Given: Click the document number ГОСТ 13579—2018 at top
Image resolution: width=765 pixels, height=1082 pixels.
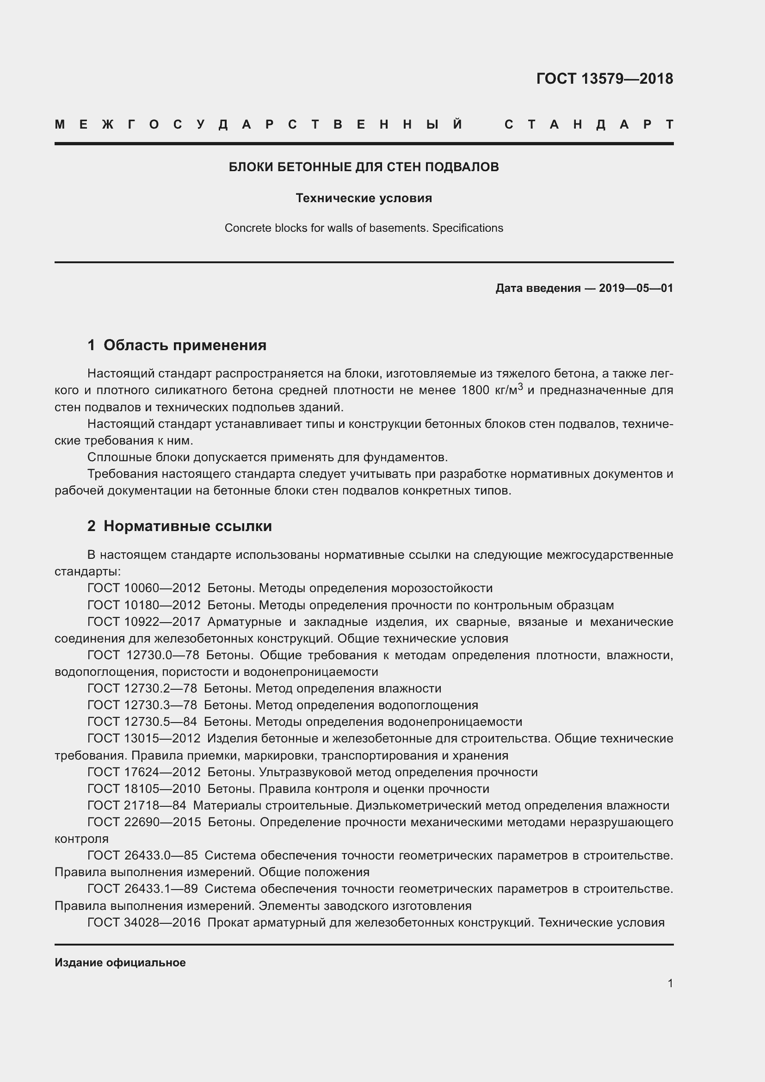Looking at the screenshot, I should [x=605, y=79].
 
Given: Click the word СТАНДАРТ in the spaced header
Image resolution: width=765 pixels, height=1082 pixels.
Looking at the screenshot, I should [x=589, y=125].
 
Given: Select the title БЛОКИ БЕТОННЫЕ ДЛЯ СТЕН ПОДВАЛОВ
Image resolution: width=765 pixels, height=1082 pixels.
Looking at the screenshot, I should [x=364, y=167].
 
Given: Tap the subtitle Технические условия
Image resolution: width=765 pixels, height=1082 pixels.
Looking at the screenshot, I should [x=364, y=198].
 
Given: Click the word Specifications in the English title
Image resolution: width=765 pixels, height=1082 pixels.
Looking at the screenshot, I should [x=467, y=228].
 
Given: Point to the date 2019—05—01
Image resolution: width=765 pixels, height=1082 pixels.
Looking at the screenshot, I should [x=635, y=288].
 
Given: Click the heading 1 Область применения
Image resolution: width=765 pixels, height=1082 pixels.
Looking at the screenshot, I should [x=177, y=345].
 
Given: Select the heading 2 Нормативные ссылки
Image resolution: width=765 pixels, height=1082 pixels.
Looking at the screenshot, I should [x=179, y=526].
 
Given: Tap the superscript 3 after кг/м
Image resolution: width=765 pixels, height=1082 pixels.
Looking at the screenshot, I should [x=520, y=386].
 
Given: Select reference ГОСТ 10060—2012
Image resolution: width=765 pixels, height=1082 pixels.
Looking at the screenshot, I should [x=144, y=588].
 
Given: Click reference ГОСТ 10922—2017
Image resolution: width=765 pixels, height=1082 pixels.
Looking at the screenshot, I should [x=144, y=622].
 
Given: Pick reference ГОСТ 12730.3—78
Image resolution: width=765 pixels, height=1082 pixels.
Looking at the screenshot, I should [x=142, y=705].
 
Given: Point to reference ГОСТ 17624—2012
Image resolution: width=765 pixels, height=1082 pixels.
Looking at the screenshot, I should [x=144, y=772].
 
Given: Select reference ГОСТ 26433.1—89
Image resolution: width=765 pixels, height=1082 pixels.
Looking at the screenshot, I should [x=142, y=889].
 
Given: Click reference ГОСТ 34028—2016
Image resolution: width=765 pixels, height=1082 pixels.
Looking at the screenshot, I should [x=144, y=922].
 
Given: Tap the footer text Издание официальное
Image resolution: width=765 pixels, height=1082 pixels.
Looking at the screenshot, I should [x=120, y=962].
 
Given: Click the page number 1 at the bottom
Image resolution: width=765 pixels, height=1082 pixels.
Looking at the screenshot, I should [x=670, y=983].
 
